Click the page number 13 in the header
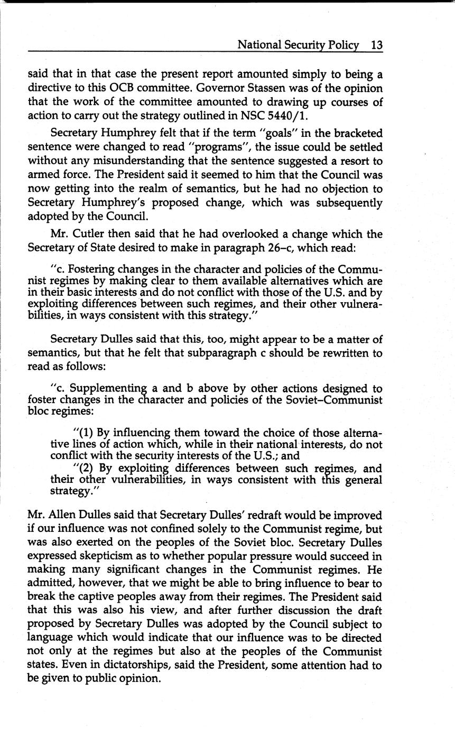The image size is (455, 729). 376,45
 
